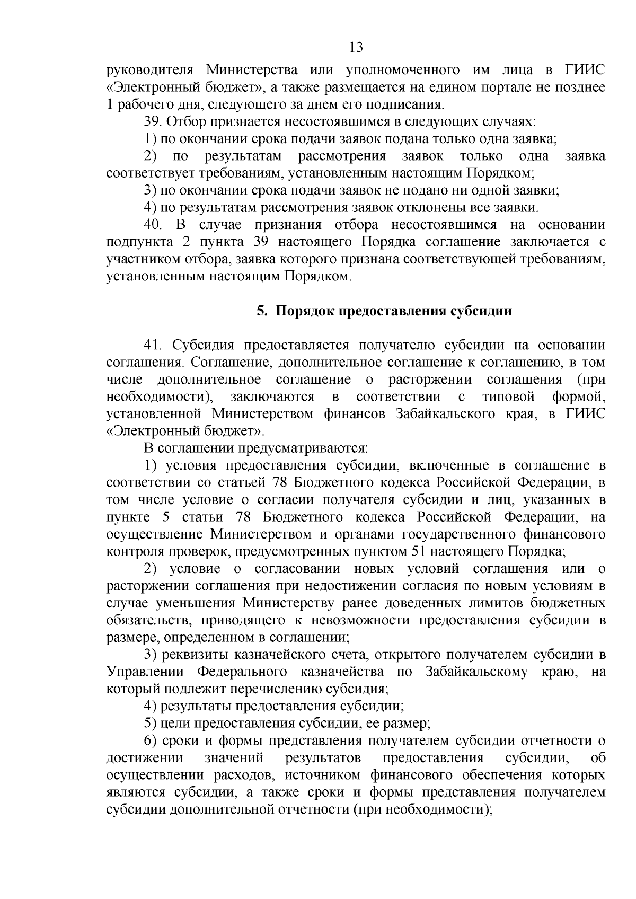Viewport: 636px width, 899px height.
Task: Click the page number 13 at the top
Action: tap(356, 48)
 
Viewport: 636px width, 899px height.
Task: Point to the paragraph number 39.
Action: tap(153, 122)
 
